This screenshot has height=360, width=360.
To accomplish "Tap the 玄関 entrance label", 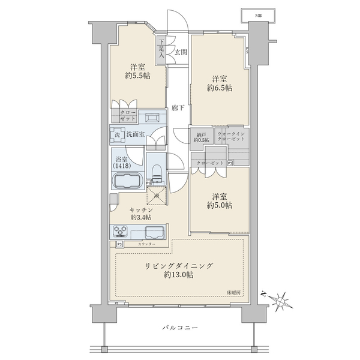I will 181,52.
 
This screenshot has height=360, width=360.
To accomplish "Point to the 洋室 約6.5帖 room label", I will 221,83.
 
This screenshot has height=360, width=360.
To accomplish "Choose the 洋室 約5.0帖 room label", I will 221,200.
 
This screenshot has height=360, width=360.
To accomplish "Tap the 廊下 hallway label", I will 178,108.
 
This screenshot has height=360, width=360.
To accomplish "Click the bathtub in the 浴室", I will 126,180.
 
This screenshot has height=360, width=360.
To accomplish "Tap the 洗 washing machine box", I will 118,135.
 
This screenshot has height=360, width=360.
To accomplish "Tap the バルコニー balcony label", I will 179,328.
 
